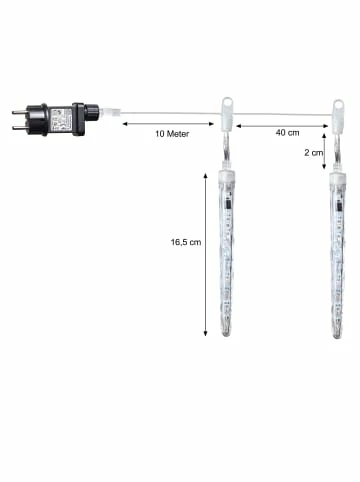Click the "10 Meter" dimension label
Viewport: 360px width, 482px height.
click(172, 134)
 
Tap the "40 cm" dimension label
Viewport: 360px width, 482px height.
click(287, 133)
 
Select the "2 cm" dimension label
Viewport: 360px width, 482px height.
click(314, 152)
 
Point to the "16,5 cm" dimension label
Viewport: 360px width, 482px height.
click(186, 242)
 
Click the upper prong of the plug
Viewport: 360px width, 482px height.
click(19, 112)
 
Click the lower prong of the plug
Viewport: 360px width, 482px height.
click(19, 128)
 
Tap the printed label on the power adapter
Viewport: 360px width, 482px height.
click(61, 119)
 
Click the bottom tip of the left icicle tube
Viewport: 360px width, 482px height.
click(227, 336)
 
